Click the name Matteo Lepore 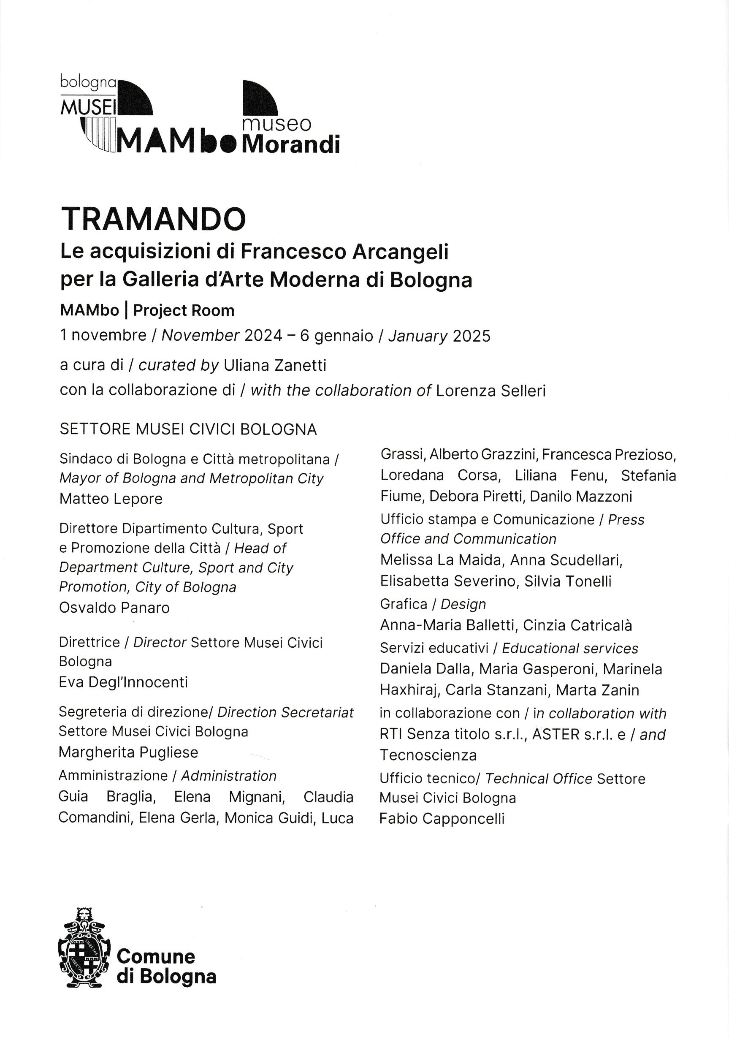point(111,499)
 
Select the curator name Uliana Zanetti point(275,365)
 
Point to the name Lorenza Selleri point(491,390)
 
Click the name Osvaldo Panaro point(114,608)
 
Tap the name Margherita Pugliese point(128,752)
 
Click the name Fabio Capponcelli point(442,818)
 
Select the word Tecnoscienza point(428,755)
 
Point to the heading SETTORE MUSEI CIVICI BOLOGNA point(188,429)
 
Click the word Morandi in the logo point(291,144)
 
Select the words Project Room point(184,311)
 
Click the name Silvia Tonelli point(568,581)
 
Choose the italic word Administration point(228,776)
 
